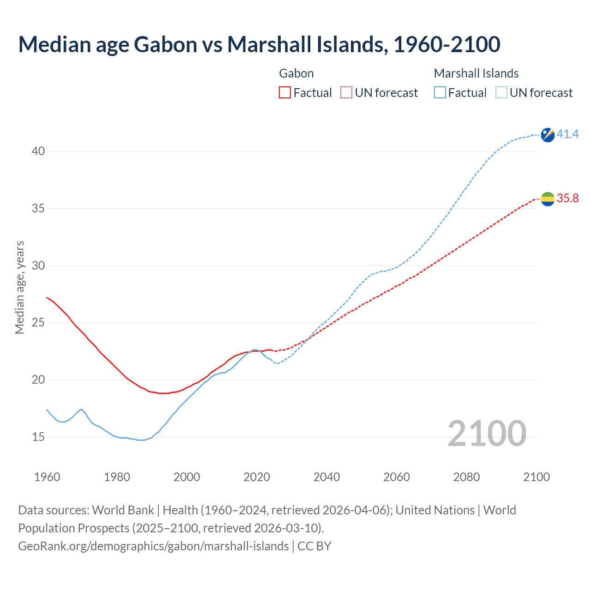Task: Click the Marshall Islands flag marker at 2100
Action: tap(548, 135)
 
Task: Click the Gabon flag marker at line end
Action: tap(548, 199)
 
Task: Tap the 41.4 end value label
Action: tap(567, 134)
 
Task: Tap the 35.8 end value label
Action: tap(567, 199)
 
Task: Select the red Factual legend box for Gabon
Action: tap(285, 92)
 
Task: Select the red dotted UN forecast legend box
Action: tap(346, 92)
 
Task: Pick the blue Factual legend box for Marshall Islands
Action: tap(440, 92)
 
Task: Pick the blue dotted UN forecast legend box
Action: tap(501, 92)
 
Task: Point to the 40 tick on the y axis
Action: tap(38, 151)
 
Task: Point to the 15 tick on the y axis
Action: tap(38, 437)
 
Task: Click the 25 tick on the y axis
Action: tap(38, 323)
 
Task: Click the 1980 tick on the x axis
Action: tap(117, 477)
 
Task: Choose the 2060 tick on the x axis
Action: tap(397, 477)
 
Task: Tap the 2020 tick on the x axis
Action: tap(257, 477)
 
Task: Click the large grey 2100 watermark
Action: tap(487, 434)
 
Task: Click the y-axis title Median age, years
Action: tap(19, 287)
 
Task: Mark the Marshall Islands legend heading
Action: tap(476, 73)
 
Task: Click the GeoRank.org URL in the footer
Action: tap(153, 546)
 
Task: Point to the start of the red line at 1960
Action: tap(47, 298)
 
